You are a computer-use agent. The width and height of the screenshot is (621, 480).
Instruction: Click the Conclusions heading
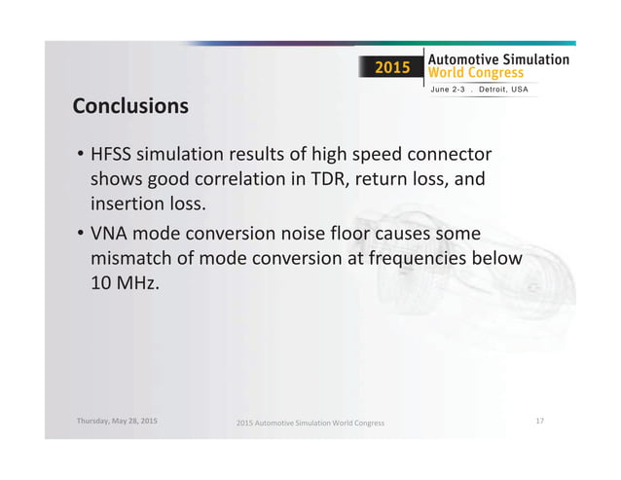coord(130,105)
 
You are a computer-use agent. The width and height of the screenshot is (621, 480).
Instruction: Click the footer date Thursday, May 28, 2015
coord(117,421)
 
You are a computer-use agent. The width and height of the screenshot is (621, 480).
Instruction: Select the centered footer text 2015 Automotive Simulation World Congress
coord(310,424)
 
